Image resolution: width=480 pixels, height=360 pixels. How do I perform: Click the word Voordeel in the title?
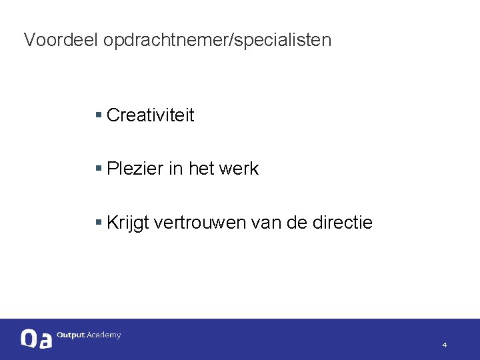coord(61,40)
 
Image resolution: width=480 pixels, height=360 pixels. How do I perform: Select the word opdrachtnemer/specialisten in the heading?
coord(217,41)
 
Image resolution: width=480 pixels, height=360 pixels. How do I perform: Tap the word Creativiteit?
coord(150,115)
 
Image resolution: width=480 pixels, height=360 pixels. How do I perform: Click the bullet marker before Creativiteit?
coord(98,115)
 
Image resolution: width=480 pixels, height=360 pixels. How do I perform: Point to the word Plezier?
coord(135,169)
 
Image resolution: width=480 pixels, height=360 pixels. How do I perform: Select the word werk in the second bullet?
coord(238,169)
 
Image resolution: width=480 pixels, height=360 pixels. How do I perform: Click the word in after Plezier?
coord(175,169)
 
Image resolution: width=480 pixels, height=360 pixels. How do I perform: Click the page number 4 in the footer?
coord(445,345)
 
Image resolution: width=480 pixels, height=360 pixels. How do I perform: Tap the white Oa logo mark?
coord(36,339)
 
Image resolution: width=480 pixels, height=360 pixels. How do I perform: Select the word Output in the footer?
coord(71,335)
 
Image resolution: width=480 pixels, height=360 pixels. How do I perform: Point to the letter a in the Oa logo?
coord(45,341)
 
